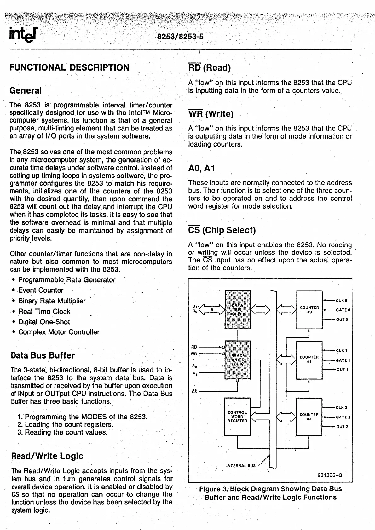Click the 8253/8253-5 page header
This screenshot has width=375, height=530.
180,37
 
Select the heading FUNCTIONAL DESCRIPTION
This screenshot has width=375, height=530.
70,67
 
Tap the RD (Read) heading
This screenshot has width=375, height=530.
210,67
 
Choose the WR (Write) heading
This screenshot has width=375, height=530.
211,114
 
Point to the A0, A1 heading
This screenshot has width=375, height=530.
202,168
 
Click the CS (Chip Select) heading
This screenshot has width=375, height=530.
222,230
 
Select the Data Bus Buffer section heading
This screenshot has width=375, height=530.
43,355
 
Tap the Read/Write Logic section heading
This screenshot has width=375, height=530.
47,456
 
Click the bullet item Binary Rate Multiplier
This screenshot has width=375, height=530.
52,301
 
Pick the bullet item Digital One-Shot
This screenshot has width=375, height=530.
44,322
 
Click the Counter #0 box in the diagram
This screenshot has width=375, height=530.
309,309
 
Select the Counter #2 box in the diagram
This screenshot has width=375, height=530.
309,417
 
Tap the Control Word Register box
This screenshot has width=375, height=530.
237,417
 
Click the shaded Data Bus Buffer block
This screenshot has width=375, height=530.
237,309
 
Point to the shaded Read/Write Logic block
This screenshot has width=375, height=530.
237,360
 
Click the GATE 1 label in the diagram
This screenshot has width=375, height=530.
343,360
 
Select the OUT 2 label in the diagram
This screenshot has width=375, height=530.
342,427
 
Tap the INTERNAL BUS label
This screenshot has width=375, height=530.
241,465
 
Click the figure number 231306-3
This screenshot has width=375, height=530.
330,475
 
